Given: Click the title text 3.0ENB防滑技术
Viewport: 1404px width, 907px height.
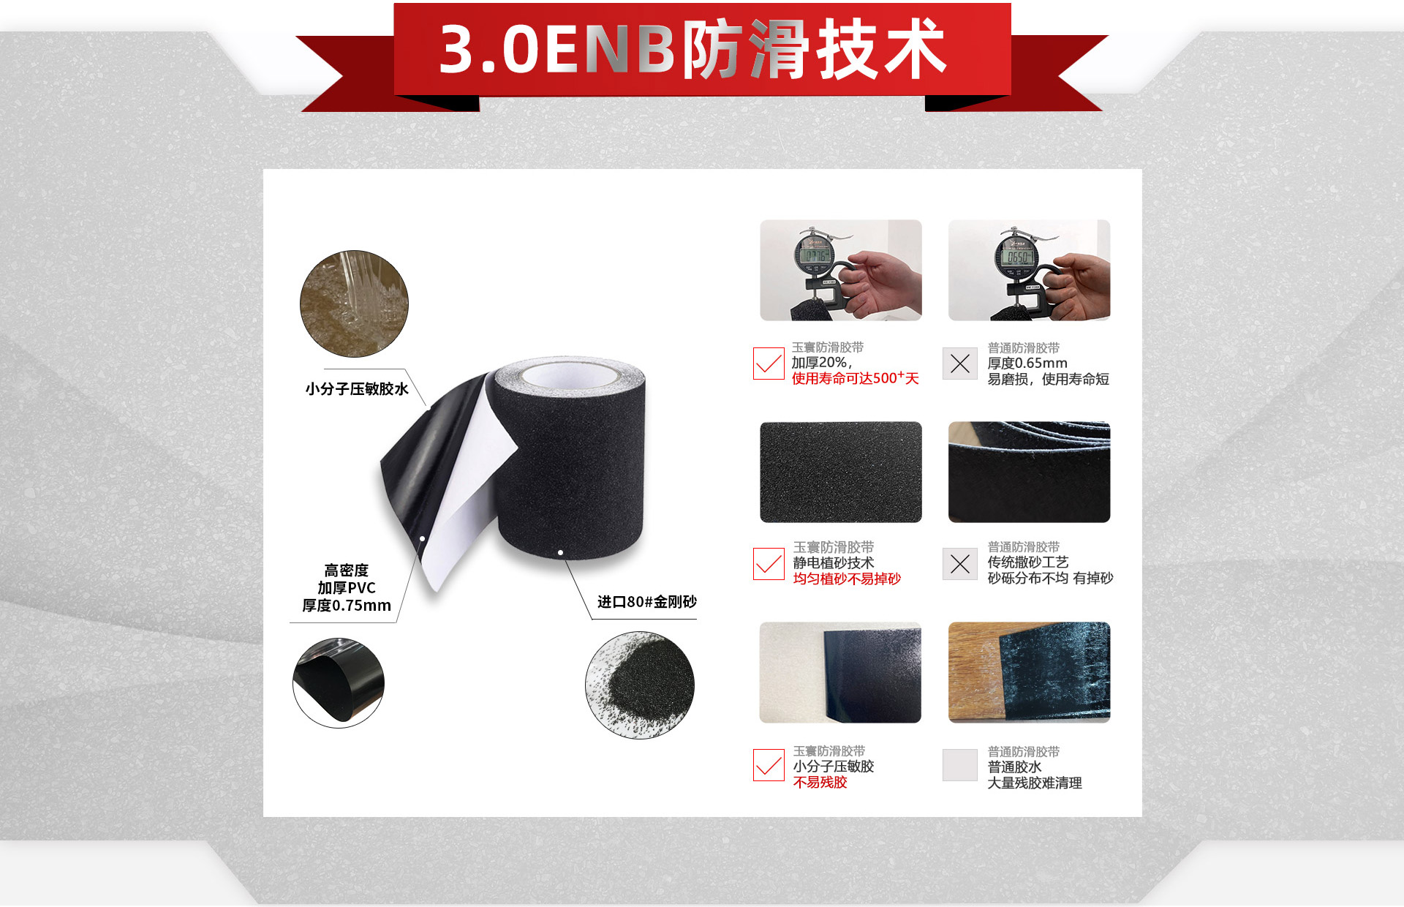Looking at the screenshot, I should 693,50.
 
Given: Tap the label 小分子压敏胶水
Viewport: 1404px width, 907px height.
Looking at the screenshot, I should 357,389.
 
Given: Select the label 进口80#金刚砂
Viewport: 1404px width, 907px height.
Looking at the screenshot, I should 646,602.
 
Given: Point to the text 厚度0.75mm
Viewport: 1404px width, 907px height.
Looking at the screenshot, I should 347,606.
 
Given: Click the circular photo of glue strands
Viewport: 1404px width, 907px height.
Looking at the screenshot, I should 354,304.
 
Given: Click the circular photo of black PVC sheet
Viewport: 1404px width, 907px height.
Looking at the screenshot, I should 338,682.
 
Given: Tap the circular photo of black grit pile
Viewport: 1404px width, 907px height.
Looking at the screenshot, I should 640,685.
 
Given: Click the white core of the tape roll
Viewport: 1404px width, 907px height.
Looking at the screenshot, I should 567,375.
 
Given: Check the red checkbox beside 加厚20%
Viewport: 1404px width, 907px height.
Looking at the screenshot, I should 769,364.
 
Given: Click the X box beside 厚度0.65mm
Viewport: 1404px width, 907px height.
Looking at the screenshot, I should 959,364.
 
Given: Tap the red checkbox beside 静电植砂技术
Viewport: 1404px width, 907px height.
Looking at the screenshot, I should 769,564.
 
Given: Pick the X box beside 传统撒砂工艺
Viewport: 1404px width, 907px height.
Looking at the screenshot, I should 959,564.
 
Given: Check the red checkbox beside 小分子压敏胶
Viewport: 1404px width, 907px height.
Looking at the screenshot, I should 769,765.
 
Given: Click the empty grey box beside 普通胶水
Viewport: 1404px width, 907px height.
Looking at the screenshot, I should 959,765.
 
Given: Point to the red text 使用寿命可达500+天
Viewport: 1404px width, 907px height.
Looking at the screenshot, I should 855,379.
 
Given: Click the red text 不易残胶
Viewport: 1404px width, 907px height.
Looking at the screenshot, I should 820,783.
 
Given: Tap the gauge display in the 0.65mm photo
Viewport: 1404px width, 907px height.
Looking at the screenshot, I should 1018,257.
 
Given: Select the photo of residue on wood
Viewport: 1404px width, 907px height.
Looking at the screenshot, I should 1029,672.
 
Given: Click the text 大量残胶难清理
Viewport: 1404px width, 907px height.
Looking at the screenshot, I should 1034,783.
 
